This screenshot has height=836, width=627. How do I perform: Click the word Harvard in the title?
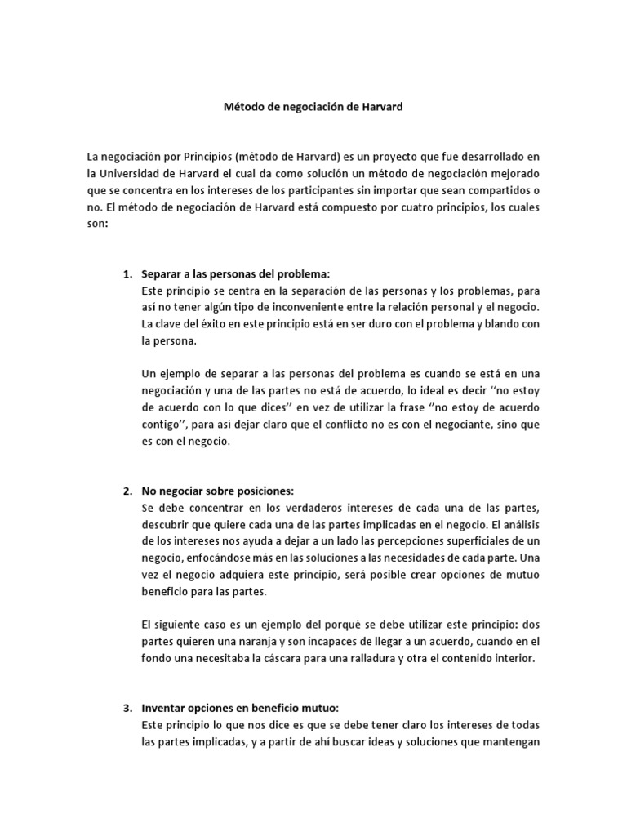(380, 107)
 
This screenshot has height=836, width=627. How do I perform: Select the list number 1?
(127, 273)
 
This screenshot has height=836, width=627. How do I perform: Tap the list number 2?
(127, 491)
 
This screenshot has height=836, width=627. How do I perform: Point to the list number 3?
(127, 708)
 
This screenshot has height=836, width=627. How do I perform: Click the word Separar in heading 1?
(161, 273)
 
